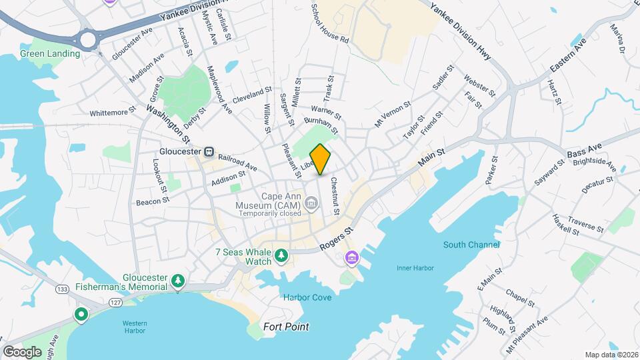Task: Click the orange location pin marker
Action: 321,159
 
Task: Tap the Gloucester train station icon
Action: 209,151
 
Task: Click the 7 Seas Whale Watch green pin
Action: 282,255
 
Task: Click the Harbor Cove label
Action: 307,297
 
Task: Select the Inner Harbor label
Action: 415,268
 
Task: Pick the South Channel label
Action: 472,245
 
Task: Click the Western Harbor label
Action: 135,327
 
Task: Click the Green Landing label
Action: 46,54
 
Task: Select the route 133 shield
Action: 62,289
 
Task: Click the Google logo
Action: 22,351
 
